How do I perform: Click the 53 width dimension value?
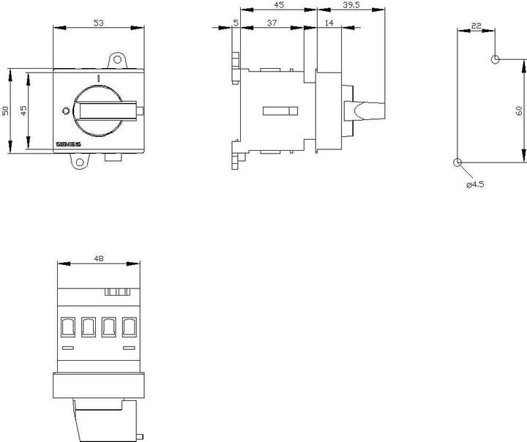(99, 23)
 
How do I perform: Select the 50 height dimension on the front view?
(5, 110)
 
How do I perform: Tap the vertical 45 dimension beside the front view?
(23, 110)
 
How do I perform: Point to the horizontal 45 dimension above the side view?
(280, 5)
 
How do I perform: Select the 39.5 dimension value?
(352, 5)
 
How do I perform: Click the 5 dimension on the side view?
(235, 23)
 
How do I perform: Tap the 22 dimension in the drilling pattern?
(476, 26)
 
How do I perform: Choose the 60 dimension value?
(518, 110)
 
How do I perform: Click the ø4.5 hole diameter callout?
(476, 184)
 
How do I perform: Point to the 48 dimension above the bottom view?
(99, 258)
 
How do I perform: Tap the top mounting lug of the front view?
(116, 59)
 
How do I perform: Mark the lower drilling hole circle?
(457, 162)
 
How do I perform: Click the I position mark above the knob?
(97, 76)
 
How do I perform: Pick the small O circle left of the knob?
(66, 111)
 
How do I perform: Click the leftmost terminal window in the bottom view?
(67, 326)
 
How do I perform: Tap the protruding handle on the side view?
(366, 110)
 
